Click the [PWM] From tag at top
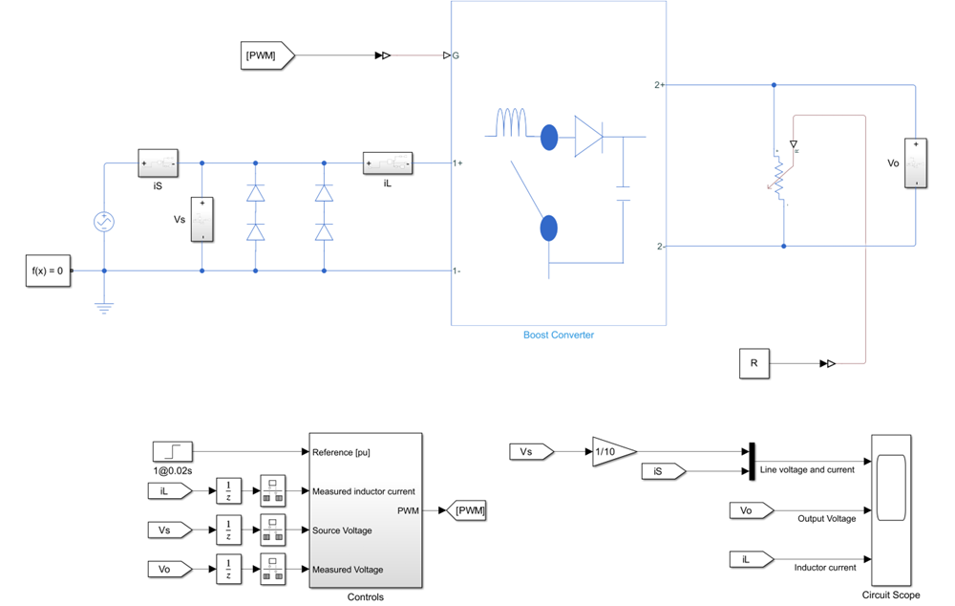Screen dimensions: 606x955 [x=264, y=55]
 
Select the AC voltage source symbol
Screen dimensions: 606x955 [x=103, y=222]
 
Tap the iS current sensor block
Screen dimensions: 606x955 [x=158, y=162]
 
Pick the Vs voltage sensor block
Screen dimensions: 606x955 [x=202, y=220]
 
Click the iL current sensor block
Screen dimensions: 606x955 [x=387, y=163]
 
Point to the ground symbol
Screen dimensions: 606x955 [x=104, y=307]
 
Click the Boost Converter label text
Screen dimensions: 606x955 [x=558, y=335]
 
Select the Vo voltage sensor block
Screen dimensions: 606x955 [x=916, y=163]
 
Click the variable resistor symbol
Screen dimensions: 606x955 [x=779, y=176]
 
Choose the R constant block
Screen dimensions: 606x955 [x=753, y=364]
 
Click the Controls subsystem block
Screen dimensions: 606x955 [x=364, y=510]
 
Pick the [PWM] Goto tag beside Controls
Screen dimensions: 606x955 [x=469, y=511]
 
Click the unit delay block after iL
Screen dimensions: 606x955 [x=229, y=491]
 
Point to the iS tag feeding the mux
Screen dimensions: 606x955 [x=662, y=470]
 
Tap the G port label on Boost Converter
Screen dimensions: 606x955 [x=456, y=55]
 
